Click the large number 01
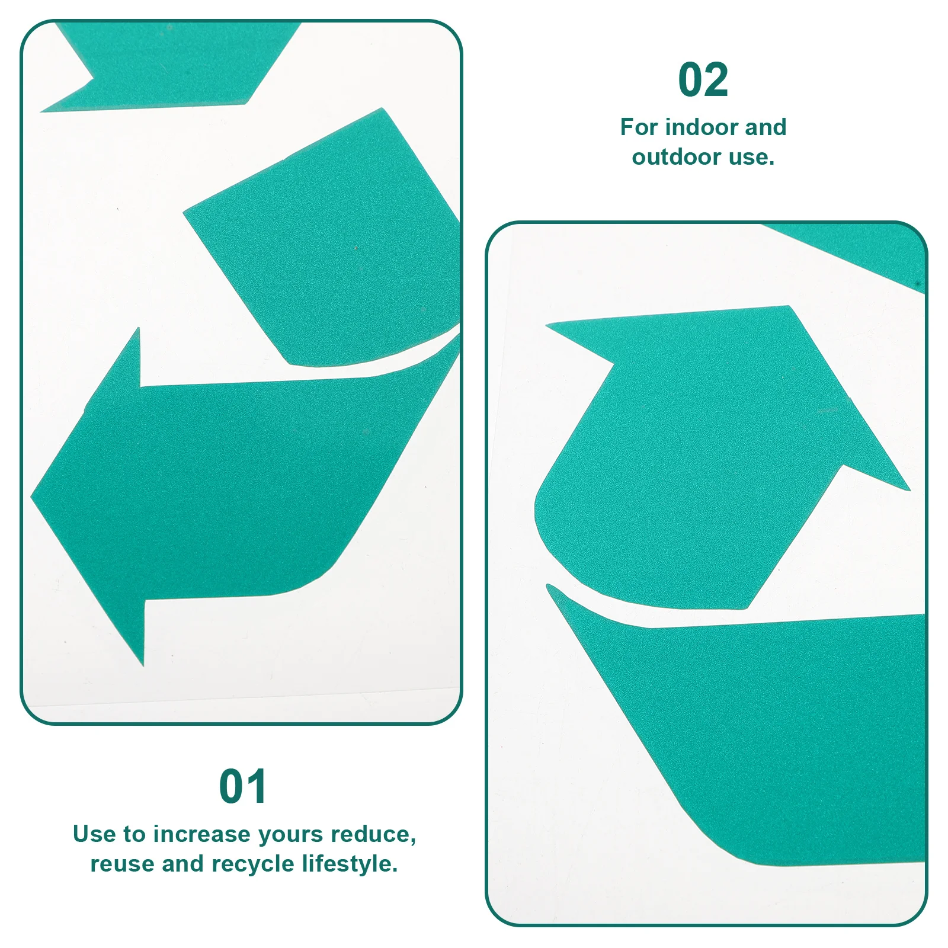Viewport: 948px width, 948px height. point(243,786)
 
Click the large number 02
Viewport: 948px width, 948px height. point(703,80)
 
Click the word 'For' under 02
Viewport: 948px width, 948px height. point(639,127)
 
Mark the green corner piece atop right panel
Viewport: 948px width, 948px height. point(865,249)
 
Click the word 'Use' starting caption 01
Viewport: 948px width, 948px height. point(94,834)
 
